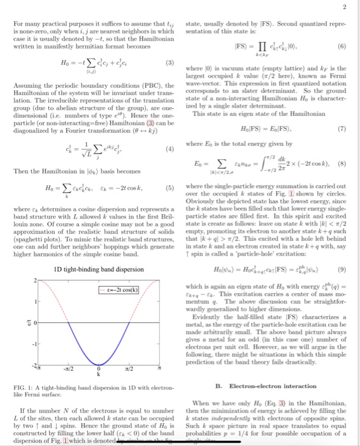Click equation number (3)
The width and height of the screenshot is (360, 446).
pyautogui.click(x=170, y=64)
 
